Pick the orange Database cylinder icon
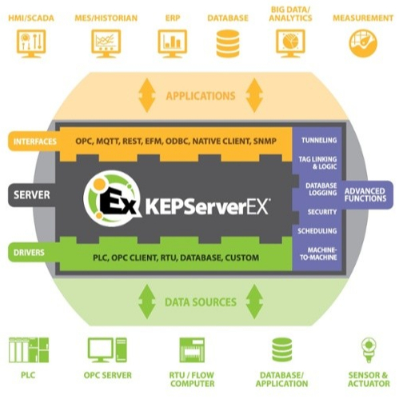click(x=227, y=41)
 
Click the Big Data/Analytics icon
click(x=289, y=40)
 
